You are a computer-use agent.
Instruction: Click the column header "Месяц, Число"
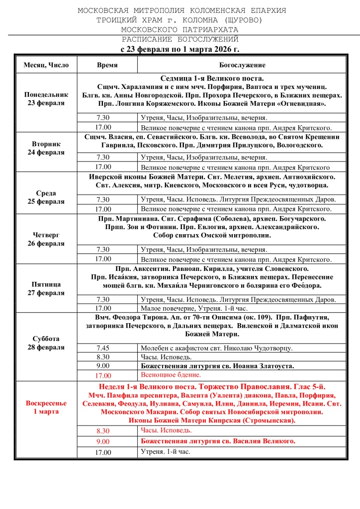click(46, 65)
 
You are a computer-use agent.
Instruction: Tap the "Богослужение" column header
click(242, 65)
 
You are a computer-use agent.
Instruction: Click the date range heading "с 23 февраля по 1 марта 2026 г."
click(180, 49)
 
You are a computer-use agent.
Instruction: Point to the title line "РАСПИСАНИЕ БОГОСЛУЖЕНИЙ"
click(180, 39)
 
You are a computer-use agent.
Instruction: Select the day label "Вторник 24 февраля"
click(46, 148)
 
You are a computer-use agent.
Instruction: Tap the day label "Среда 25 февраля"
click(46, 197)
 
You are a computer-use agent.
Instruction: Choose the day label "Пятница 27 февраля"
click(46, 288)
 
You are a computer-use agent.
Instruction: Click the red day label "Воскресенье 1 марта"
click(46, 408)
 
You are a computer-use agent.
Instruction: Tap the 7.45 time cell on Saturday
click(103, 348)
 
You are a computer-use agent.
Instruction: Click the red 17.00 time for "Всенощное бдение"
click(103, 376)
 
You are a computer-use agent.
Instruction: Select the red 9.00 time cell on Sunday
click(103, 441)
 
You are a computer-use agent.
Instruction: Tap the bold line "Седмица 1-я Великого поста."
click(212, 79)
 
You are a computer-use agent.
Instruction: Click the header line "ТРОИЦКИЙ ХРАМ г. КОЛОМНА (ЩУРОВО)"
click(180, 20)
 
